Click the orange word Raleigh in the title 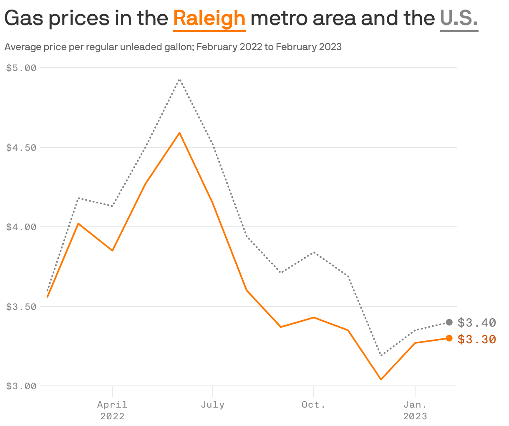coord(209,18)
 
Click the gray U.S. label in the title coord(459,18)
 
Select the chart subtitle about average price coord(173,47)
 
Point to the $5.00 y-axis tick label coord(21,68)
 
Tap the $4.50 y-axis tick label coord(21,147)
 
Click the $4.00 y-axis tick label coord(21,227)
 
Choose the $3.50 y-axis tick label coord(21,307)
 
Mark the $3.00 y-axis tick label coord(21,386)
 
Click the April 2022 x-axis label coord(112,410)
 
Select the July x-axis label coord(213,405)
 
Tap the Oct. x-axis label coord(313,405)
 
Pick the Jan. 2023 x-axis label coord(415,410)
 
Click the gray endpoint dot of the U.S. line coord(449,322)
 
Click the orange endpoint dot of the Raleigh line coord(449,338)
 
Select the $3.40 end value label coord(476,322)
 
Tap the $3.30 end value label coord(476,339)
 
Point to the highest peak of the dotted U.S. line coord(179,79)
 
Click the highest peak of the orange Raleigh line coord(179,133)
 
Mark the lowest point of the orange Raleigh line coord(381,379)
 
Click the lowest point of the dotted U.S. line coord(381,355)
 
